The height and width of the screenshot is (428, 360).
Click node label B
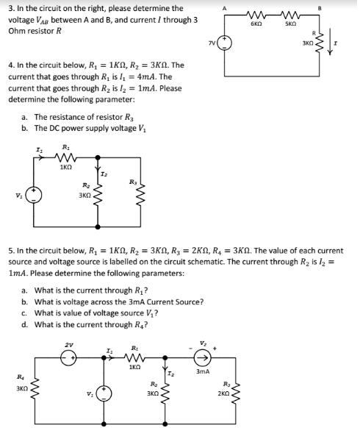point(340,8)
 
